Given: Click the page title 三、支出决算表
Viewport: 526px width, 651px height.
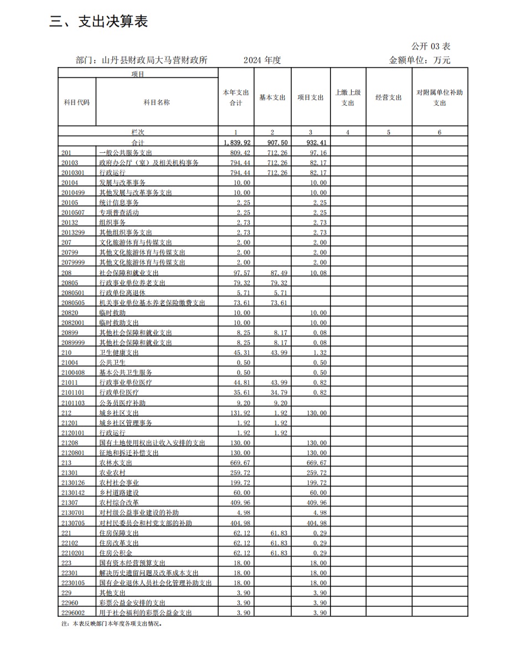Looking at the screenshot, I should click(98, 22).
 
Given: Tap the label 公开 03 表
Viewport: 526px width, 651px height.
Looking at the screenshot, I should click(431, 46).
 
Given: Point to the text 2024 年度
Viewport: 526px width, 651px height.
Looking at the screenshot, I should click(262, 60).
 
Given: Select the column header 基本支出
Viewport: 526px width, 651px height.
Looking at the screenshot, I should click(272, 97).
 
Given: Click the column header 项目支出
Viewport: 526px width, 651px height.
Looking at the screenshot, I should click(311, 97).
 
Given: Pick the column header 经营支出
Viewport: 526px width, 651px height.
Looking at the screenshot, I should click(389, 97).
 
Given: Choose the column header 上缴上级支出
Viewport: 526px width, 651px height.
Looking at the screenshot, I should click(348, 97).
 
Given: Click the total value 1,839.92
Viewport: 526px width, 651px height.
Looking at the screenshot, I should click(236, 142).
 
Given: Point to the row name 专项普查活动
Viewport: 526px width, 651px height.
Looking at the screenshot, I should click(119, 212).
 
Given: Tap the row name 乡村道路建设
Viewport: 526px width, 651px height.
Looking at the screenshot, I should click(119, 493).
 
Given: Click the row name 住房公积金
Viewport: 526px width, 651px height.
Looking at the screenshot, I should click(116, 552).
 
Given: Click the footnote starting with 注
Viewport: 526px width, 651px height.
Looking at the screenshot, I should click(111, 623).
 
